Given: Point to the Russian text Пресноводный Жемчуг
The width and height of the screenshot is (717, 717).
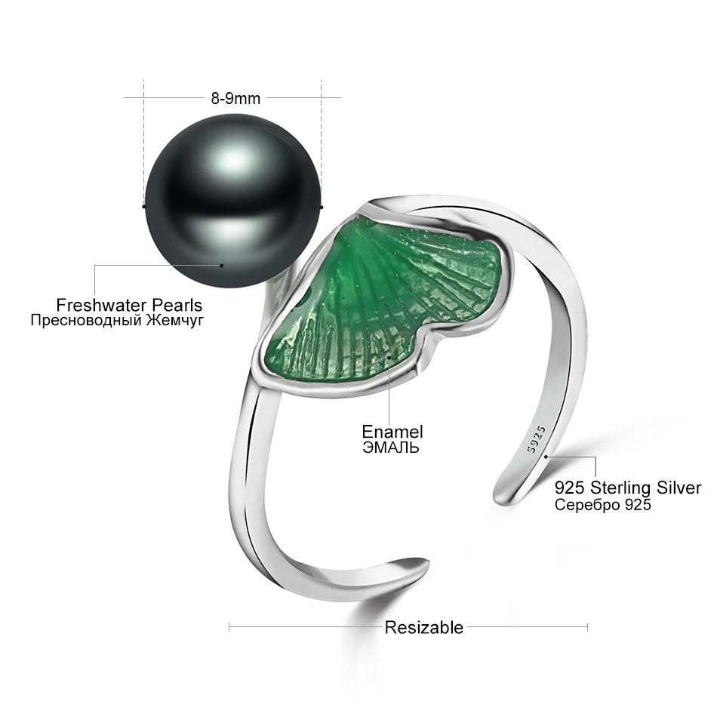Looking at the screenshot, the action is (x=117, y=321).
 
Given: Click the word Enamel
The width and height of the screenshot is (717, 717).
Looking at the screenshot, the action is (x=392, y=432).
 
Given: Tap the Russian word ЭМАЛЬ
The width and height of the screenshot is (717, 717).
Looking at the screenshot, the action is (x=390, y=447).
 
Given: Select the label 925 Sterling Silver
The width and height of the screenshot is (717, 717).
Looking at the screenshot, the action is (x=628, y=488).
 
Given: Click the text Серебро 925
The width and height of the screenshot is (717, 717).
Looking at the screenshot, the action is (x=602, y=505).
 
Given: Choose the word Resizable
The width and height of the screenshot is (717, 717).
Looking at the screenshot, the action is (x=424, y=627).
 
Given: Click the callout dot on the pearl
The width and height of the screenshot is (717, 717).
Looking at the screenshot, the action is (x=222, y=265).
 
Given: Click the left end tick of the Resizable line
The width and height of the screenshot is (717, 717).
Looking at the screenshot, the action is (x=229, y=626).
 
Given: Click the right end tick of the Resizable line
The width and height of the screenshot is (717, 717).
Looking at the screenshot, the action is (x=587, y=626).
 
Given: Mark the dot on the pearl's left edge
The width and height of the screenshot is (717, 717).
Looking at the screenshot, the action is (x=143, y=205).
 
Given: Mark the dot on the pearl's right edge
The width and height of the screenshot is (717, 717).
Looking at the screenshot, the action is (x=322, y=205).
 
